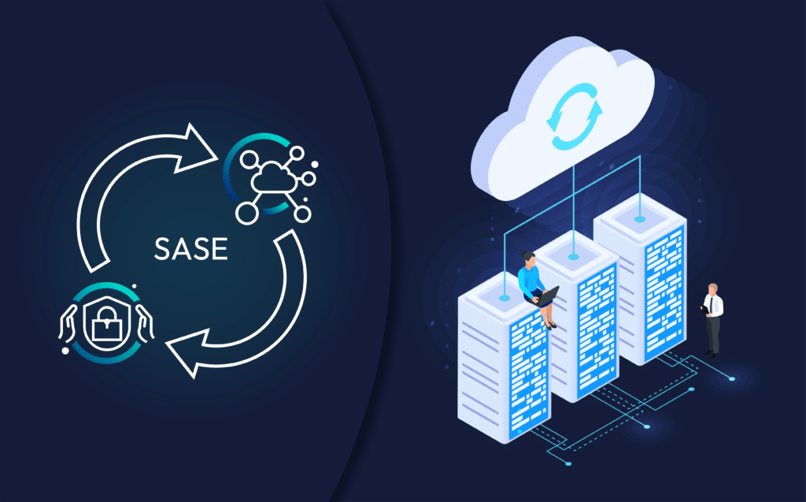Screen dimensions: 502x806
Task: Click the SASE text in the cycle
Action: pos(192,249)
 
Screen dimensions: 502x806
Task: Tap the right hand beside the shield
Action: pos(141,325)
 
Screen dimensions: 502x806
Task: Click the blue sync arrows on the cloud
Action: pos(577,119)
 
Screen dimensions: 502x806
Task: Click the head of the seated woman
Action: pos(528,259)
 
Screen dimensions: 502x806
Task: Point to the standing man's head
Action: pos(712,289)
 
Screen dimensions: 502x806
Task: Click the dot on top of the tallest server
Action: pos(639,218)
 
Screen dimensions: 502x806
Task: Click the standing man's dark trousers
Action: pos(712,334)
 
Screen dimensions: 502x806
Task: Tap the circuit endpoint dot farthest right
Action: pos(732,378)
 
